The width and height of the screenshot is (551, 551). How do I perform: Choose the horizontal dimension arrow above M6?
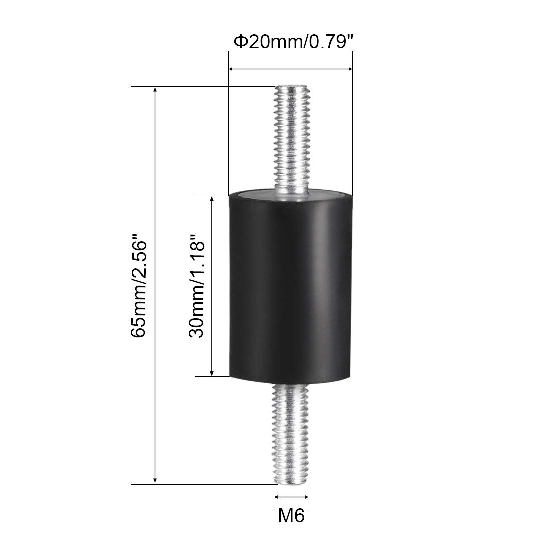(291, 496)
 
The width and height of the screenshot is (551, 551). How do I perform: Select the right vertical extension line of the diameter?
(353, 125)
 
